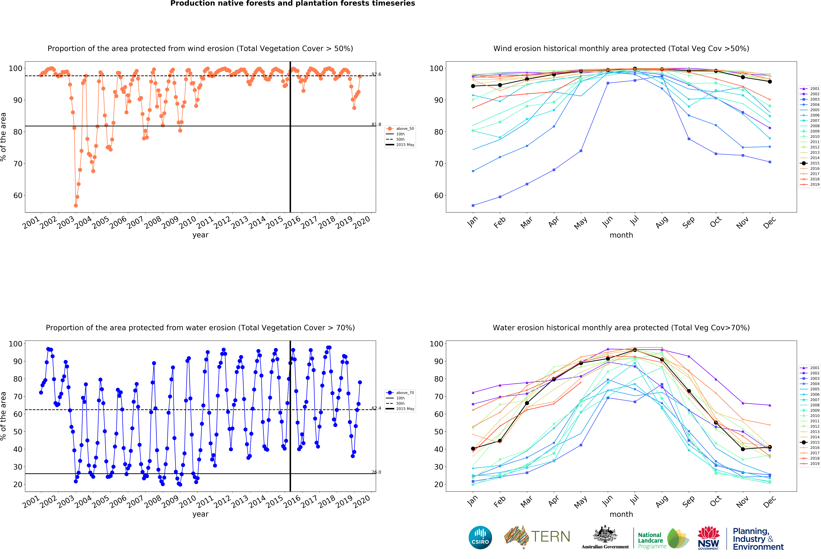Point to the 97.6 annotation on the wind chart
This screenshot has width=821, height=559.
pyautogui.click(x=376, y=74)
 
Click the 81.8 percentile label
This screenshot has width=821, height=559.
pyautogui.click(x=376, y=125)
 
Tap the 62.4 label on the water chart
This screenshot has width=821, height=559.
pyautogui.click(x=376, y=408)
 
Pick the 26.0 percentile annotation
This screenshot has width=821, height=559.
pyautogui.click(x=376, y=472)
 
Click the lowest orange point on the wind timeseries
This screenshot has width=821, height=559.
pyautogui.click(x=76, y=205)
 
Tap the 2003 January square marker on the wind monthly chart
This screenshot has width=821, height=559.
pyautogui.click(x=473, y=205)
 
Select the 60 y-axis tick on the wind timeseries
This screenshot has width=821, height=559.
pyautogui.click(x=18, y=196)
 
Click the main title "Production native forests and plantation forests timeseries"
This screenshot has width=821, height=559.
pyautogui.click(x=292, y=4)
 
